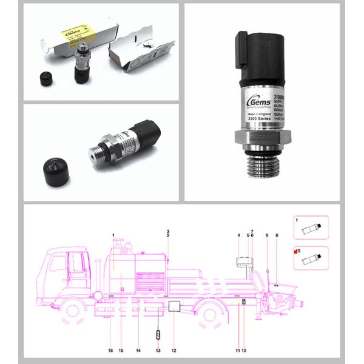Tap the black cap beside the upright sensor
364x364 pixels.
(x=44, y=78)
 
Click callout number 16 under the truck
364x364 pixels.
(x=110, y=351)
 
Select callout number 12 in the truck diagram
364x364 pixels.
(x=174, y=351)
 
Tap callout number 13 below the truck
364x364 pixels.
(x=158, y=351)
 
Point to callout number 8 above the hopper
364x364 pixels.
(x=277, y=235)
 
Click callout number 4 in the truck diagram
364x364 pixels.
(x=239, y=235)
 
